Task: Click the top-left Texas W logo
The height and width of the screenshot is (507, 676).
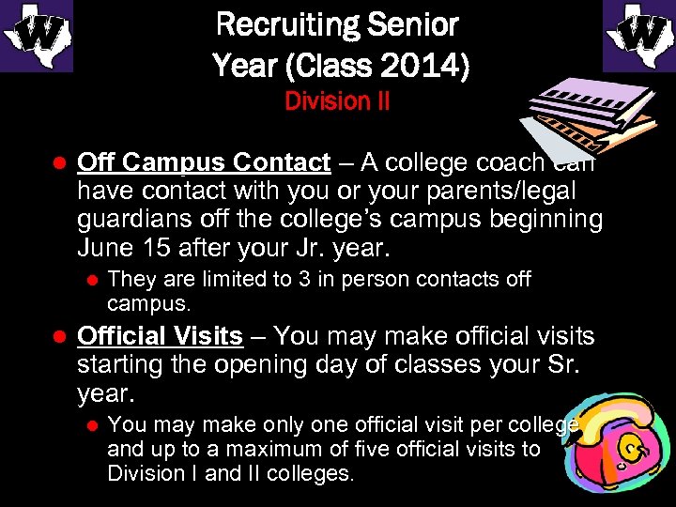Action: coord(36,36)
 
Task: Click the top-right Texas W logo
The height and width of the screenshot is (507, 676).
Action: coord(639,36)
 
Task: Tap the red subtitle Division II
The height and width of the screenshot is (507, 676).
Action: coord(337,100)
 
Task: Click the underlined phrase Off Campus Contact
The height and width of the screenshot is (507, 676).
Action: coord(204,162)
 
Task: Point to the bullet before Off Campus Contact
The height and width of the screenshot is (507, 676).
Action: coord(55,163)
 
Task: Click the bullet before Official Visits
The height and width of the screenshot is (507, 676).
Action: coord(55,337)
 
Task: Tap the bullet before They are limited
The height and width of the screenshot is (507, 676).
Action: coord(92,280)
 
